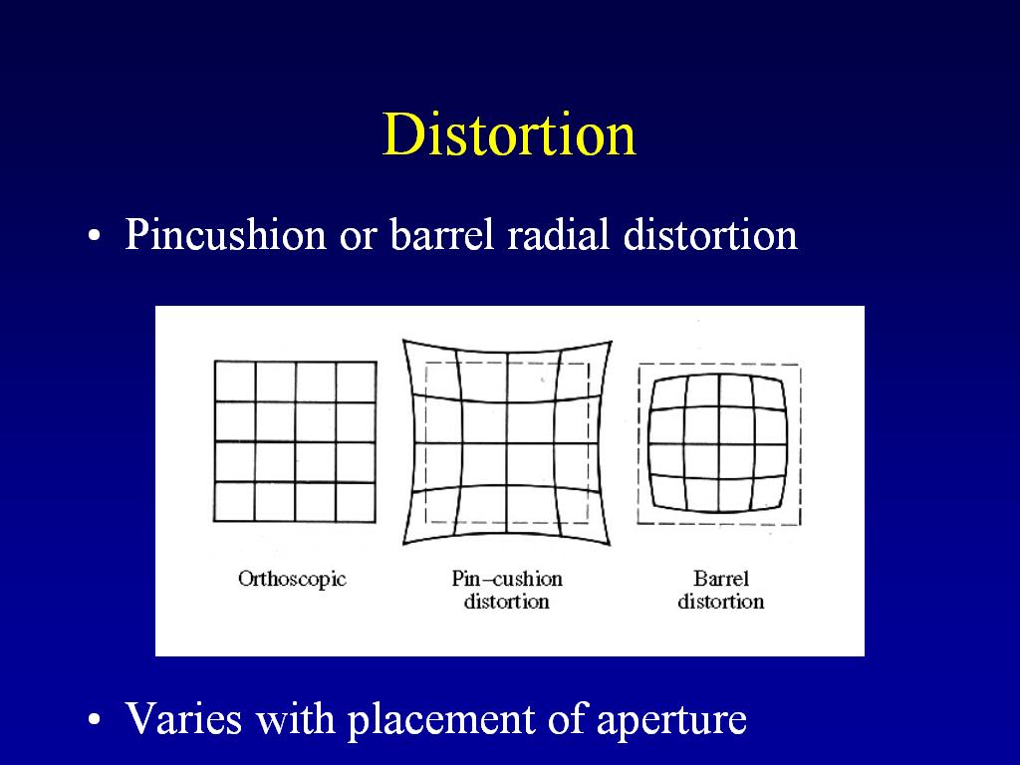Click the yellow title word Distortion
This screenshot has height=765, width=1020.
[x=509, y=134]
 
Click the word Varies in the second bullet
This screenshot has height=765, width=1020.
[x=183, y=718]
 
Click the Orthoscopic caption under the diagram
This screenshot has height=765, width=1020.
[x=292, y=579]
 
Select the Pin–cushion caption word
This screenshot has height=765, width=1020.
[x=507, y=579]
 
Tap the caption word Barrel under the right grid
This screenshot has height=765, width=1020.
[x=721, y=579]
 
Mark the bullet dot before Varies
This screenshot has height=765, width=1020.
[x=95, y=720]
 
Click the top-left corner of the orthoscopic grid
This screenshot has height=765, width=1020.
[x=215, y=362]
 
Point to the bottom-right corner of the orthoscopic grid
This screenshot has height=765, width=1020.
[x=376, y=521]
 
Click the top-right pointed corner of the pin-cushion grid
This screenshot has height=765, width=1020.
[x=612, y=341]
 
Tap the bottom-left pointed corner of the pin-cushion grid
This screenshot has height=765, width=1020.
[x=403, y=544]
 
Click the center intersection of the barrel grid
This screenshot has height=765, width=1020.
[x=719, y=444]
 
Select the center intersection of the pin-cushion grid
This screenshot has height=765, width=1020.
[x=507, y=443]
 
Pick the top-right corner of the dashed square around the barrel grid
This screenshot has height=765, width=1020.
[x=800, y=365]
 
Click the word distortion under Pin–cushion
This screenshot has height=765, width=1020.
[x=507, y=601]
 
